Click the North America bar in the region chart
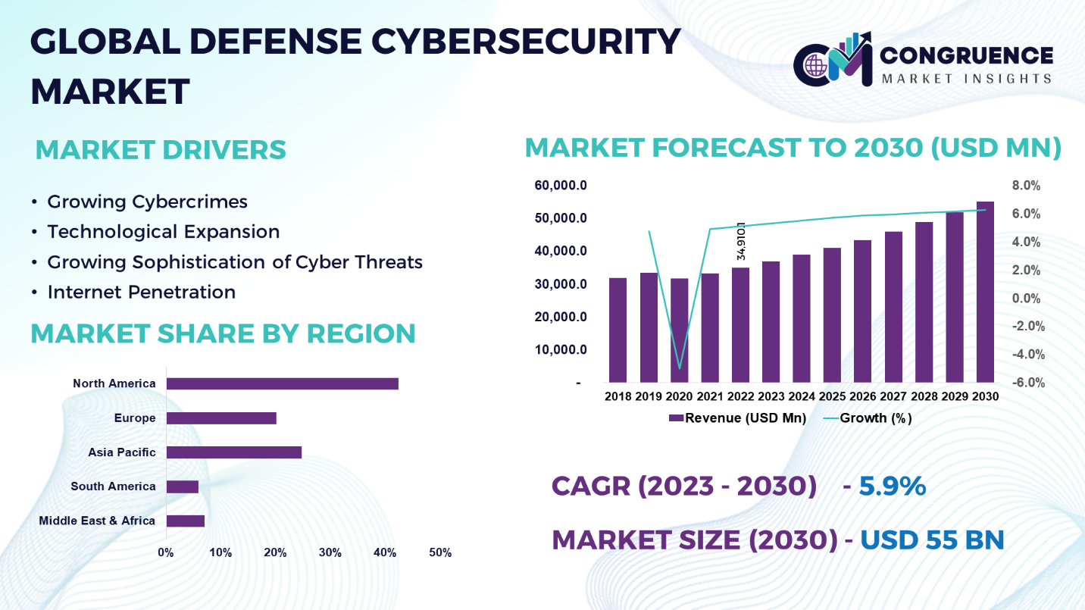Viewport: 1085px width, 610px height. [x=282, y=383]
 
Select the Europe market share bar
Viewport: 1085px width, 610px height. [x=221, y=418]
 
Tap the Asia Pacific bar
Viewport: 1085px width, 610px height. [x=233, y=452]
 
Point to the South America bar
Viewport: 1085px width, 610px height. [x=182, y=486]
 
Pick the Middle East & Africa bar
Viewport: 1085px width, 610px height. [x=185, y=521]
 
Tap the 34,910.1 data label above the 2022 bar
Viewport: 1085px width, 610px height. [x=741, y=241]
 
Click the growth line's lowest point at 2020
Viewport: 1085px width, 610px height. [x=680, y=368]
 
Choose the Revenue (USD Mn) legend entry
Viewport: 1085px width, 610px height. [x=737, y=418]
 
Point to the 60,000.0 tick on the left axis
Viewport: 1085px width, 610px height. [x=561, y=186]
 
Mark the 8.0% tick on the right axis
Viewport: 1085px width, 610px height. [x=1026, y=186]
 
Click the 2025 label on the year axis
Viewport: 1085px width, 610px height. [x=832, y=396]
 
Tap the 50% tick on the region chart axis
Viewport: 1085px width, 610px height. [x=440, y=553]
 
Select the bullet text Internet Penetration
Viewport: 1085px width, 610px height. [x=141, y=292]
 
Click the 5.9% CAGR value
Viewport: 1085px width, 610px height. [x=892, y=486]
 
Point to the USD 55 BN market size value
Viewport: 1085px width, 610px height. [x=932, y=540]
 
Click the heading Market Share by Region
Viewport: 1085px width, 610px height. [x=223, y=333]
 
